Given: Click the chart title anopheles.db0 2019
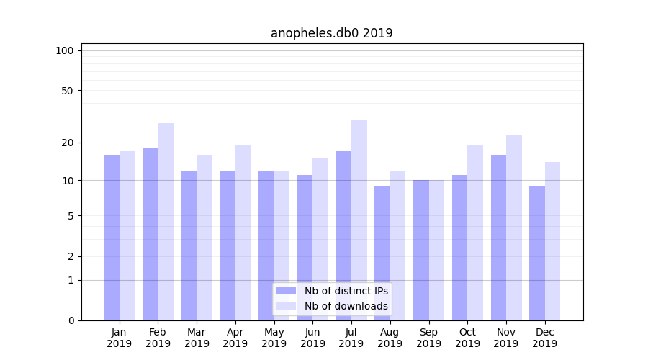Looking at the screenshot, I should tap(331, 33).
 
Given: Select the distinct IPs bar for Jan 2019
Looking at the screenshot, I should tap(112, 238).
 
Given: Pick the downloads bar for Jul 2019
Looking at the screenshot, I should tap(359, 220).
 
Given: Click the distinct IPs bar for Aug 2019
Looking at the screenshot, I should tap(382, 253).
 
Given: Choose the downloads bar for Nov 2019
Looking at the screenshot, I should tap(514, 228).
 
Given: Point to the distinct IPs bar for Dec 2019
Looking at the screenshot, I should tap(537, 253).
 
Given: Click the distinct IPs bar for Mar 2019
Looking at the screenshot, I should tap(189, 246).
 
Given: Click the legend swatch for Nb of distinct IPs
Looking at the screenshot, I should tap(286, 291).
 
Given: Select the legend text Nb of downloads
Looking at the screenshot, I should tap(346, 306).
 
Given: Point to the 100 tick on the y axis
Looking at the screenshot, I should tap(65, 50).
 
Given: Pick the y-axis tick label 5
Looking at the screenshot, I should tap(71, 215).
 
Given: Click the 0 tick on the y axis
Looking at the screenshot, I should tap(71, 320).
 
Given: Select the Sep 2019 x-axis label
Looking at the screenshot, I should tap(428, 338).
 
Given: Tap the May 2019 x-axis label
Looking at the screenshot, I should tap(274, 338).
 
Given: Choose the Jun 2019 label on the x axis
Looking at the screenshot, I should tap(312, 338).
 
